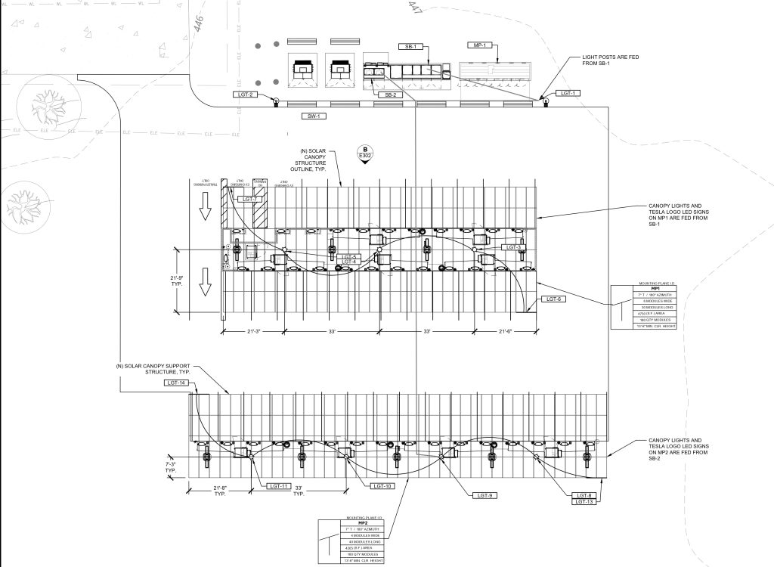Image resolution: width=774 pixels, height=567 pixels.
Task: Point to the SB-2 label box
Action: pyautogui.click(x=389, y=95)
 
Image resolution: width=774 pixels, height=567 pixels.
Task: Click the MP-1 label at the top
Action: pyautogui.click(x=479, y=46)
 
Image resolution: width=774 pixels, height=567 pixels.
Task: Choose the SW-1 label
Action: pyautogui.click(x=311, y=116)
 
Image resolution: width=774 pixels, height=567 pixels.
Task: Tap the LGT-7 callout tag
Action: pyautogui.click(x=249, y=198)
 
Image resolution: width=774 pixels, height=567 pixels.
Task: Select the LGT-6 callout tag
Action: pyautogui.click(x=553, y=299)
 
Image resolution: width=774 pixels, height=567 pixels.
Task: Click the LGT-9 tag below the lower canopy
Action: pyautogui.click(x=485, y=495)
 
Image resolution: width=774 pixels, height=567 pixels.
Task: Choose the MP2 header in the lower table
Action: pyautogui.click(x=351, y=522)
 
